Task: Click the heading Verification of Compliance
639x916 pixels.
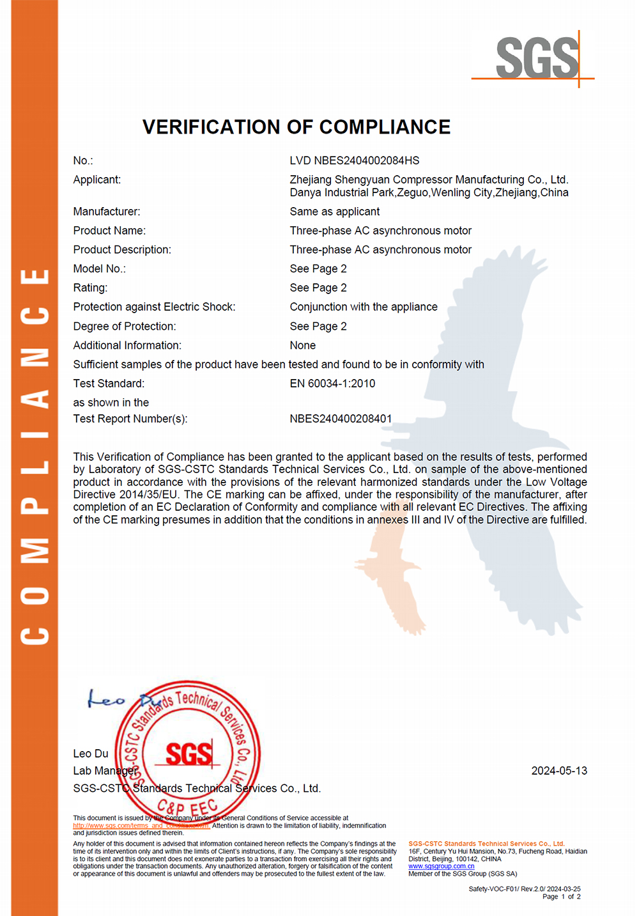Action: (x=296, y=127)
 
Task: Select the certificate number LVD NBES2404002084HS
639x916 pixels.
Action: (x=355, y=160)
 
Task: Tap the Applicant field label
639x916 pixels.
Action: (x=96, y=180)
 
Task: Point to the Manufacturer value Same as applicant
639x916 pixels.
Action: (x=334, y=212)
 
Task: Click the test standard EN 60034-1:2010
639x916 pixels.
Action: (x=332, y=384)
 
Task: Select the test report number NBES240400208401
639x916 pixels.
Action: (x=341, y=419)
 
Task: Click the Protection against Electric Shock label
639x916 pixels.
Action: (x=154, y=307)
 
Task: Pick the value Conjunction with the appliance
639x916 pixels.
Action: (x=364, y=307)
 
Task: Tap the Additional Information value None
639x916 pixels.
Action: (x=302, y=345)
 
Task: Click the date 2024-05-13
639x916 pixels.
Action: (x=559, y=771)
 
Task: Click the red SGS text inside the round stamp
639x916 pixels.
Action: (x=189, y=754)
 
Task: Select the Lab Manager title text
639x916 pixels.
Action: (x=104, y=771)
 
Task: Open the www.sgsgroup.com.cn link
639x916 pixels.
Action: (x=441, y=867)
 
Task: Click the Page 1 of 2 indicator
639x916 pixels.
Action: (x=561, y=897)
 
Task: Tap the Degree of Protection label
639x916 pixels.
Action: (x=124, y=326)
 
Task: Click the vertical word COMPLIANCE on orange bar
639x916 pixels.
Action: (x=35, y=456)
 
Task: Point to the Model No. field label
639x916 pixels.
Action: (x=99, y=268)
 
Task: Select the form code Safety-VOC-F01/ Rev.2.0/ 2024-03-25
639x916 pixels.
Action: (x=524, y=889)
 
